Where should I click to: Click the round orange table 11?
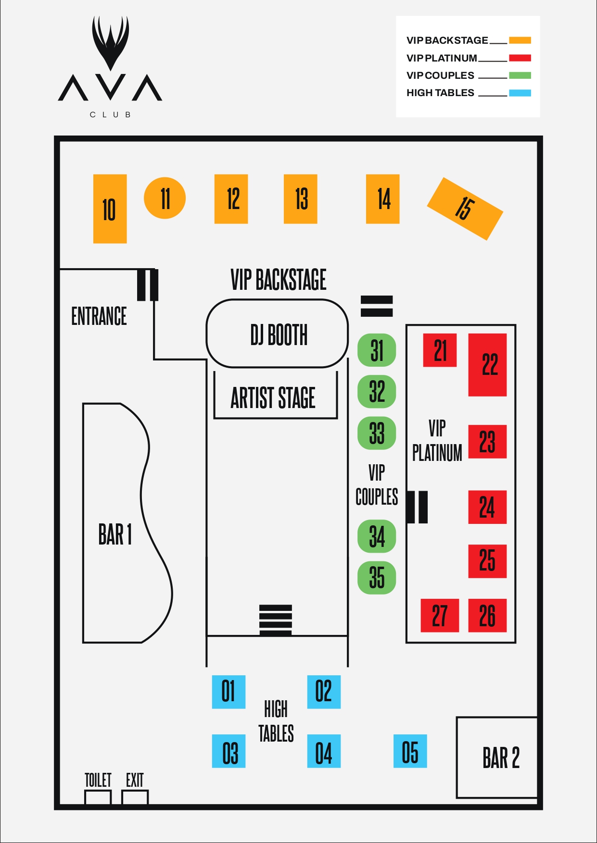click(x=165, y=198)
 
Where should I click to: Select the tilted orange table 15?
click(x=465, y=209)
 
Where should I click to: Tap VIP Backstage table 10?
click(x=110, y=209)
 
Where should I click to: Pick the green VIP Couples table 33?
click(x=377, y=433)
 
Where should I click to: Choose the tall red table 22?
click(x=487, y=365)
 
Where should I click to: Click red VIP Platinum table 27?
click(x=440, y=615)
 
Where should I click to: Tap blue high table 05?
click(x=410, y=751)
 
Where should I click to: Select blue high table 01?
click(x=229, y=692)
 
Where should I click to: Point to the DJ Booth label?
click(x=279, y=335)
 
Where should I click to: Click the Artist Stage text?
click(x=273, y=397)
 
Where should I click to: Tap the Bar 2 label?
click(x=501, y=758)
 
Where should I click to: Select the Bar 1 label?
click(x=115, y=534)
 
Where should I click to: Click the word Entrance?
click(x=99, y=316)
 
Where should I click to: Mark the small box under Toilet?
click(x=98, y=797)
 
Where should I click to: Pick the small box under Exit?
click(x=135, y=797)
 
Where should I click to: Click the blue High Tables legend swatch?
click(x=520, y=93)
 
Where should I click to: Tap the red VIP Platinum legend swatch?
click(x=520, y=58)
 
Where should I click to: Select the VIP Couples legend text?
click(x=440, y=75)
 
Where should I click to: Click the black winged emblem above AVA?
click(x=111, y=43)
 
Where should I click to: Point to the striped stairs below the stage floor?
click(x=276, y=620)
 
